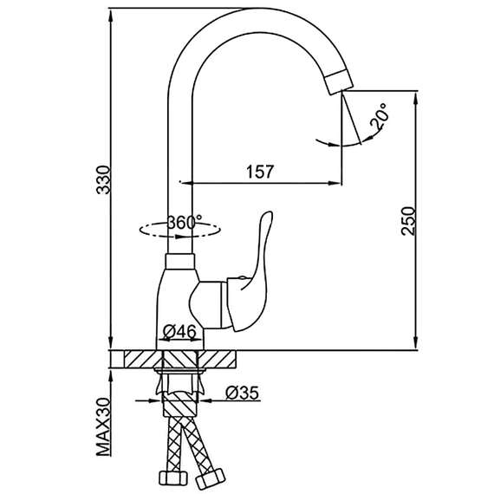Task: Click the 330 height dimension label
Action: [104, 179]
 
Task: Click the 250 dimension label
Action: [408, 220]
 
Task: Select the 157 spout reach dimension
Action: [260, 172]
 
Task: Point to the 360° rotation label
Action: [185, 222]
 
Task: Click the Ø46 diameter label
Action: [179, 331]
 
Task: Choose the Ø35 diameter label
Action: [243, 393]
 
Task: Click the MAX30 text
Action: [104, 427]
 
